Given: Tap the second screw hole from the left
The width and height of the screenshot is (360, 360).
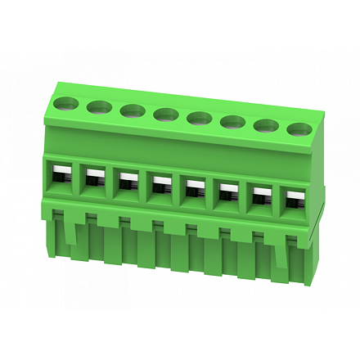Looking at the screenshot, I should coord(99,106).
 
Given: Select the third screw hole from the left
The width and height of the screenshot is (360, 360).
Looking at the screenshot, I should coord(132,110).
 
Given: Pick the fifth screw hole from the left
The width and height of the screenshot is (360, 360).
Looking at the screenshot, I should coord(199,119).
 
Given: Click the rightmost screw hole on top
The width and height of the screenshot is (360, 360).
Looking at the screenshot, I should coord(299,129).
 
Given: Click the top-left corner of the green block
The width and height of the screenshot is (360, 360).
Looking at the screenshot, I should coord(56,84).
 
